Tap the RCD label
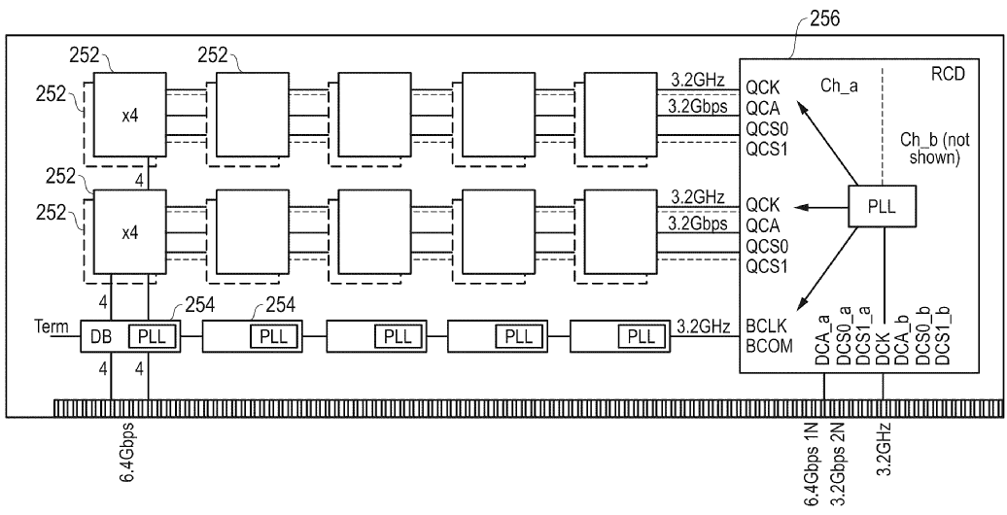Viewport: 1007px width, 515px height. pyautogui.click(x=948, y=75)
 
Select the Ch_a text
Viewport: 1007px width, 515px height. pyautogui.click(x=839, y=86)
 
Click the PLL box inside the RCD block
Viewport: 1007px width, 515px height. pyautogui.click(x=882, y=207)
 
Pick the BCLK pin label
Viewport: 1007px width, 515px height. pyautogui.click(x=767, y=325)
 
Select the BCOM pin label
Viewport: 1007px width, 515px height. pyautogui.click(x=769, y=346)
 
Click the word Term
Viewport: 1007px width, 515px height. pyautogui.click(x=51, y=326)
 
